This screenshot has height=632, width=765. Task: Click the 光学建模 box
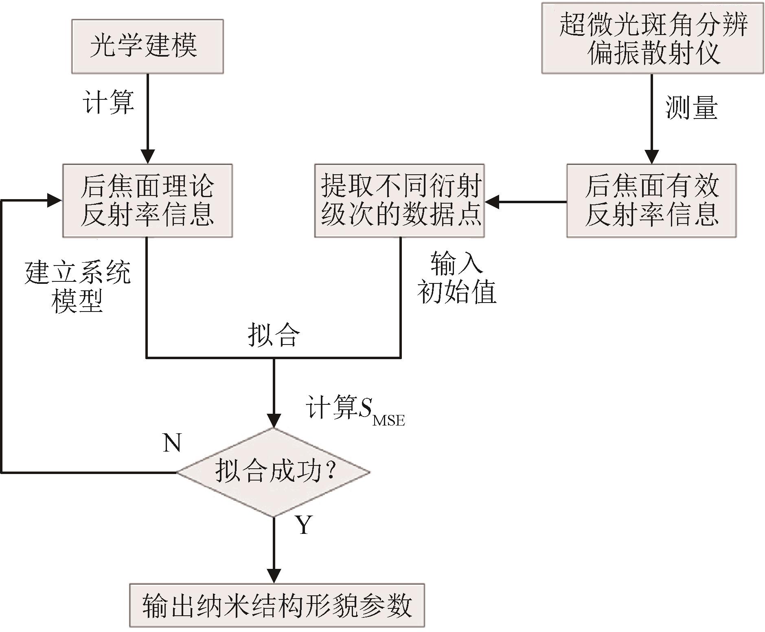point(147,46)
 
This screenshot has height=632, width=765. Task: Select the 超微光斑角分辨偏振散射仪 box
point(652,38)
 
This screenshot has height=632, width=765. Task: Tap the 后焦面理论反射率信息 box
point(147,201)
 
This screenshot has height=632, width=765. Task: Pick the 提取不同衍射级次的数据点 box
point(399,201)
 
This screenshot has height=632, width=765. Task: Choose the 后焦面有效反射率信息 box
point(651,201)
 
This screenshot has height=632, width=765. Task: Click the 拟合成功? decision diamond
point(274,472)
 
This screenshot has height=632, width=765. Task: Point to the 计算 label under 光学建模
point(109,101)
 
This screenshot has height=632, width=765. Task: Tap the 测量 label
point(691,108)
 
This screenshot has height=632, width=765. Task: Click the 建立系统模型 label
point(77,287)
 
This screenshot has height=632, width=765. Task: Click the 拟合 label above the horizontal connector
point(274,336)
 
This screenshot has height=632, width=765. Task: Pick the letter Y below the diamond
point(304,525)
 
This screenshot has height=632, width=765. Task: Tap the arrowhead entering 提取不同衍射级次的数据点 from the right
point(492,202)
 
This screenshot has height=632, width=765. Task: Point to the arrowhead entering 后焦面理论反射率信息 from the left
point(55,201)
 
